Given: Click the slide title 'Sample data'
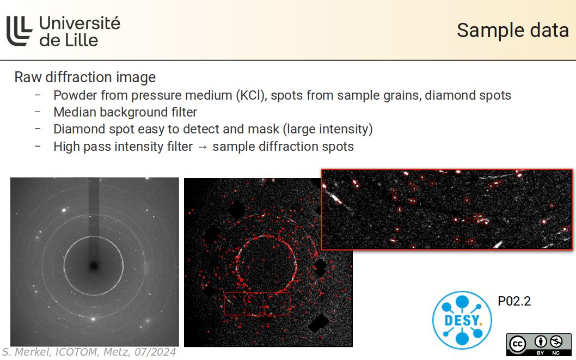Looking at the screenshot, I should pyautogui.click(x=512, y=30).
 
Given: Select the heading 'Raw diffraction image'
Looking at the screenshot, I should pyautogui.click(x=85, y=77).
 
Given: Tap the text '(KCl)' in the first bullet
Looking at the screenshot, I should pyautogui.click(x=251, y=95).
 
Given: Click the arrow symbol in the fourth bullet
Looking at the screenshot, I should pyautogui.click(x=203, y=147).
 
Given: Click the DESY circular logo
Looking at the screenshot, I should pyautogui.click(x=462, y=319).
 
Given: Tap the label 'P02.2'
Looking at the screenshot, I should pyautogui.click(x=514, y=301).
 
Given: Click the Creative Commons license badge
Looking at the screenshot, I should pyautogui.click(x=538, y=344).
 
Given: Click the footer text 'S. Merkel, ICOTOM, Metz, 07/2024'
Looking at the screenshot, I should pyautogui.click(x=89, y=352).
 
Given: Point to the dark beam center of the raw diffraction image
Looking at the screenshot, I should pyautogui.click(x=94, y=266).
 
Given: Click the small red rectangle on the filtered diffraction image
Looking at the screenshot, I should pyautogui.click(x=258, y=303).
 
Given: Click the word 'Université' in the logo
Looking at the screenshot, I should pyautogui.click(x=79, y=23).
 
